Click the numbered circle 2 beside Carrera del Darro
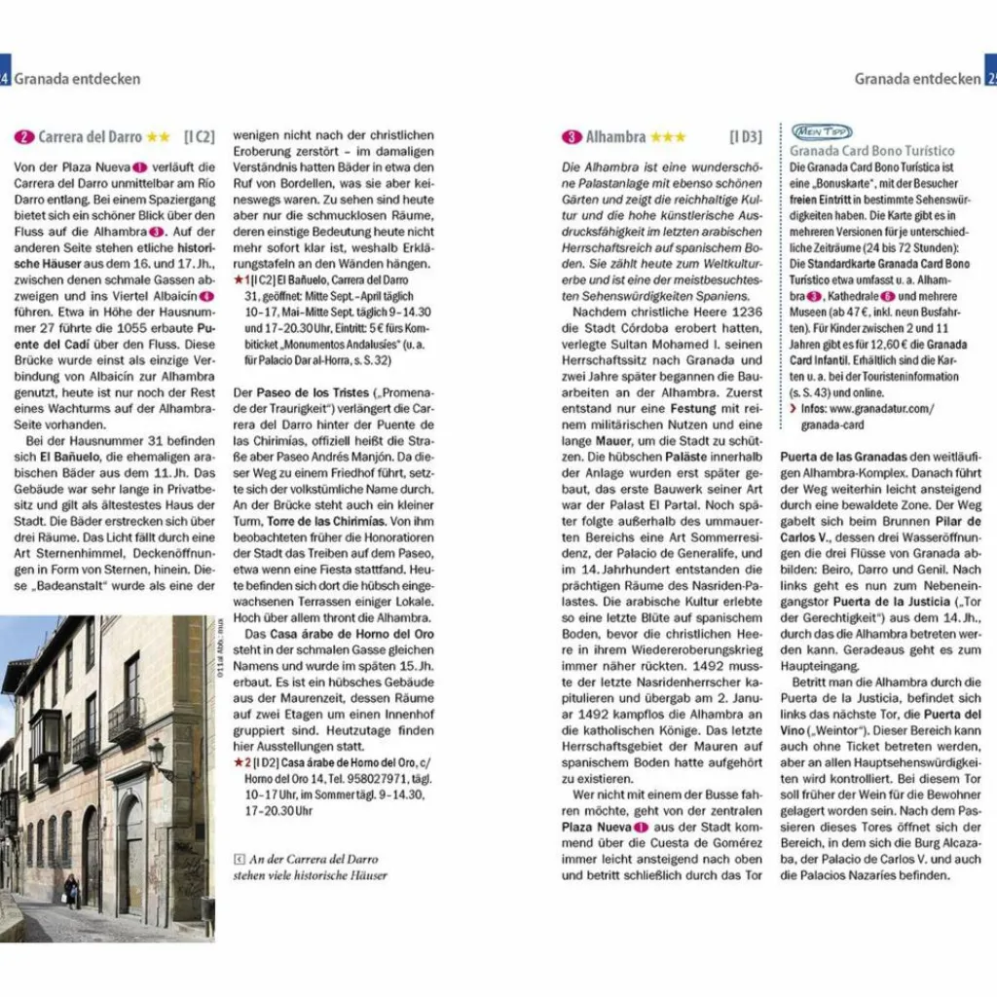coord(24,137)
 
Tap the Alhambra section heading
coord(614,137)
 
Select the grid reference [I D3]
coord(746,137)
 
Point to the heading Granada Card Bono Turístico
coord(872,151)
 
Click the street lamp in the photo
coord(157,755)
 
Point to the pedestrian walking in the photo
coord(71,889)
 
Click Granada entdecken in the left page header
coord(77,79)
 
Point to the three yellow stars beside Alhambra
coord(667,137)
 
